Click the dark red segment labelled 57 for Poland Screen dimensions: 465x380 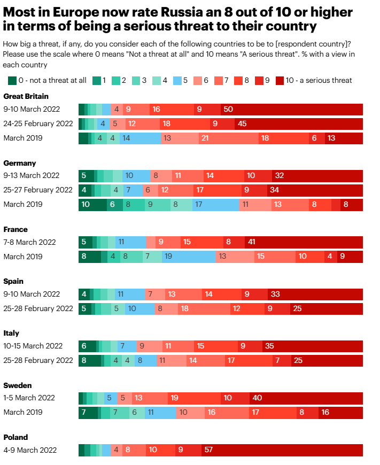coord(282,450)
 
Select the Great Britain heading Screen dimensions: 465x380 coord(26,96)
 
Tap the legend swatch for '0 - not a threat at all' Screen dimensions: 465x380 coord(12,80)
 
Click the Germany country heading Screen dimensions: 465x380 coord(20,163)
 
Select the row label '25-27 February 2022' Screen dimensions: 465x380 coord(38,190)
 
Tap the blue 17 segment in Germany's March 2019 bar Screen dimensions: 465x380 coord(215,204)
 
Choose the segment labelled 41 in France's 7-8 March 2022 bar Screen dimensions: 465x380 coord(304,242)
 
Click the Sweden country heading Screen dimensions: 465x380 coord(18,385)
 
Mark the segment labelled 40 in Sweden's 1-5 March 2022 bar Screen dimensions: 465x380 coord(306,398)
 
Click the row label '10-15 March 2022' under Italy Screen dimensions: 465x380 coord(33,346)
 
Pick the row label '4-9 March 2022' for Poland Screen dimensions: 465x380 coord(30,450)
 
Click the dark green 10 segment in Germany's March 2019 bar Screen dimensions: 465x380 coord(92,204)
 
